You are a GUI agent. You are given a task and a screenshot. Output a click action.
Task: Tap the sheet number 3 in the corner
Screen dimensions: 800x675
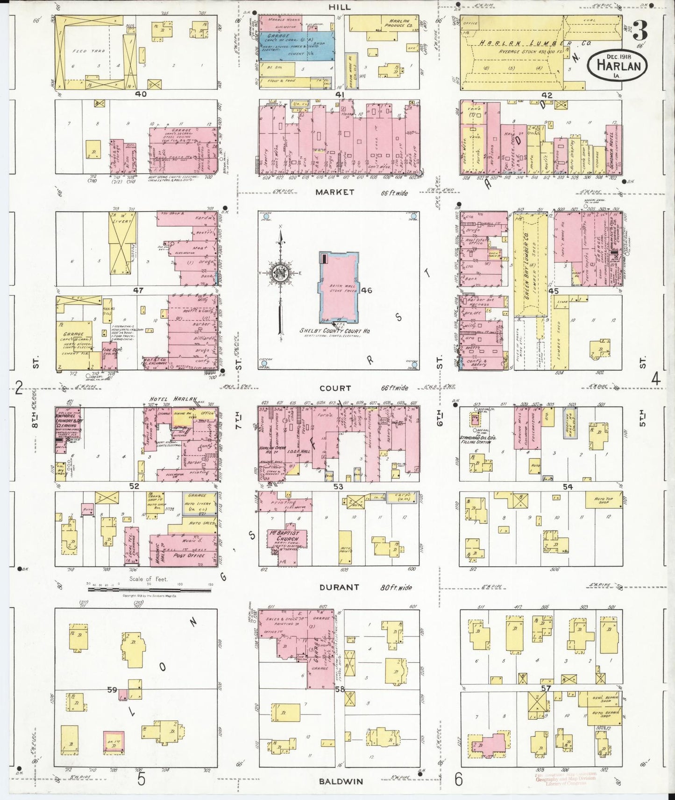(x=639, y=32)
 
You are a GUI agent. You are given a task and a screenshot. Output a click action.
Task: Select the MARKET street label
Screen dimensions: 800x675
(x=334, y=192)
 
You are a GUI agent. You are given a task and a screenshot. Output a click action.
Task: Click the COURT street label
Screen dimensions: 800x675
(x=335, y=388)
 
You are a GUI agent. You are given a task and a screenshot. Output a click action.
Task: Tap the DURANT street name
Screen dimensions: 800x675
(x=339, y=588)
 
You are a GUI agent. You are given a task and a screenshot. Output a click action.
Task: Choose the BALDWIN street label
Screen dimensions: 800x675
(x=341, y=781)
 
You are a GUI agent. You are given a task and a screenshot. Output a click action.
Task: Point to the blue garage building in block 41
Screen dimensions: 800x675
(x=296, y=45)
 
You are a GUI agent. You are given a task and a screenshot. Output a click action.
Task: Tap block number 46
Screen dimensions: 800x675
(x=367, y=290)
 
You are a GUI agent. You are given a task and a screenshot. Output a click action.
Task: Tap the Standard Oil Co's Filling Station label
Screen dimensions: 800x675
(x=478, y=440)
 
